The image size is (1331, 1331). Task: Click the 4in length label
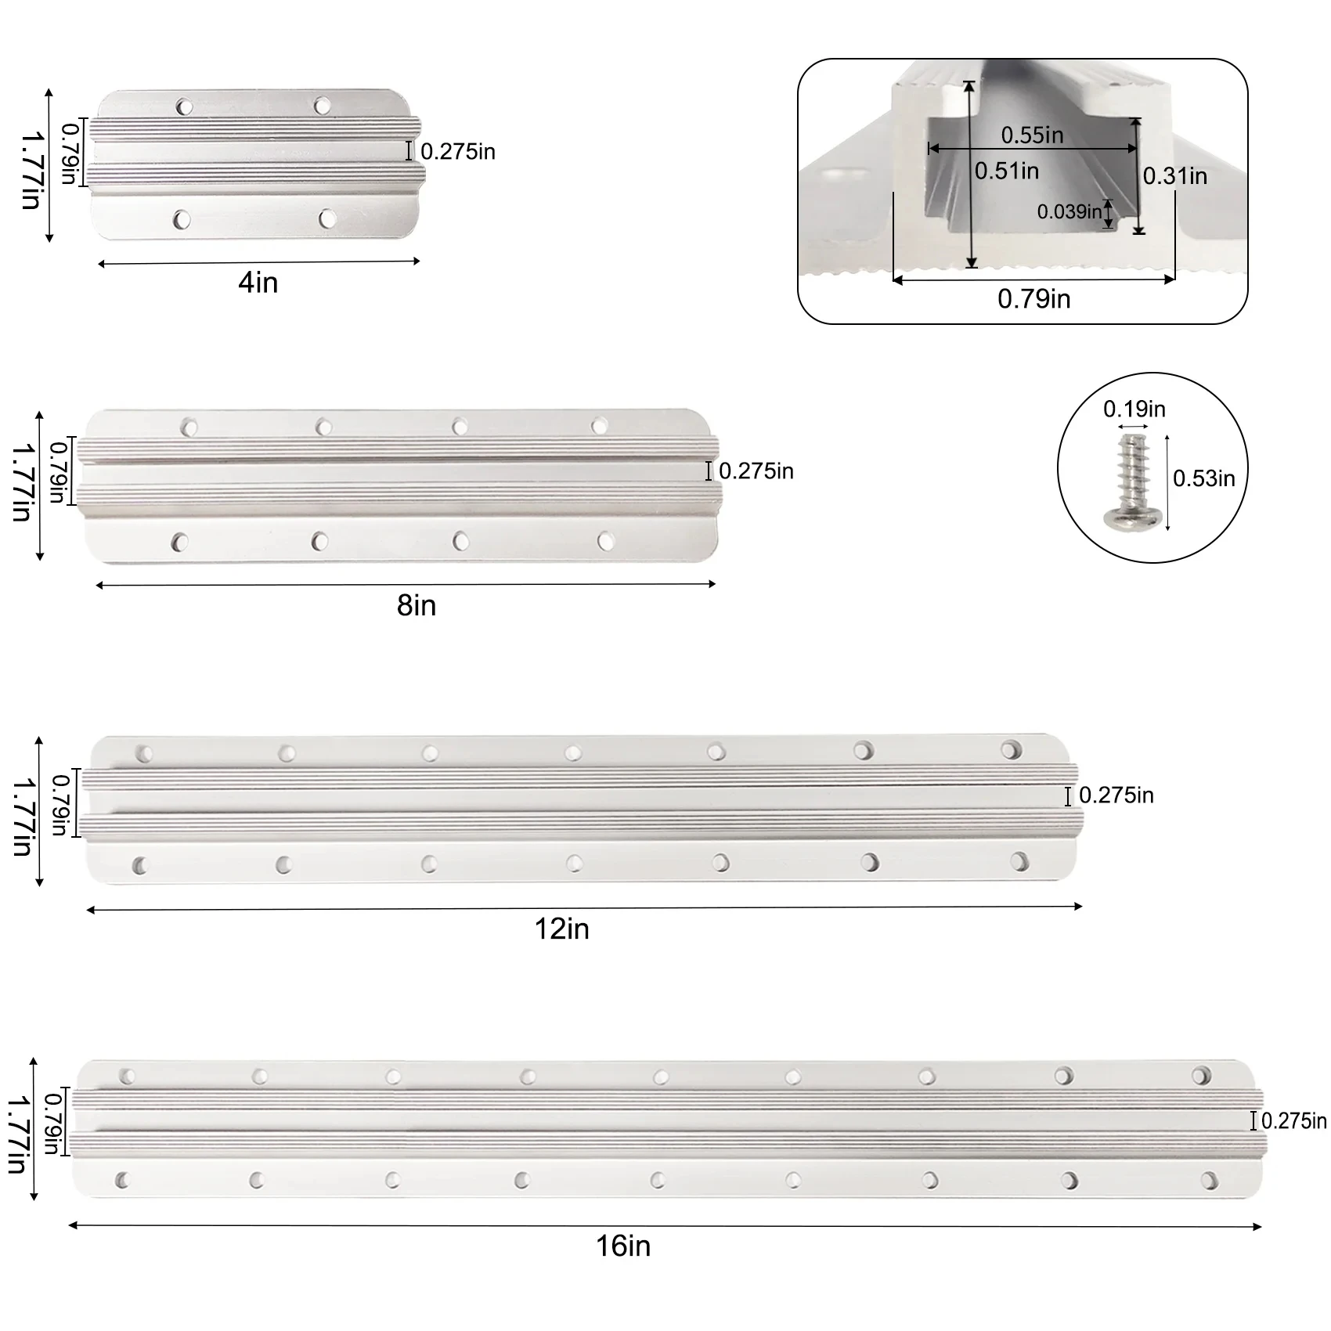pyautogui.click(x=258, y=283)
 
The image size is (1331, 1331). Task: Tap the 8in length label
pyautogui.click(x=417, y=605)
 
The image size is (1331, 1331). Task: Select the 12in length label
pyautogui.click(x=561, y=929)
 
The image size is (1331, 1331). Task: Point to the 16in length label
pyautogui.click(x=623, y=1246)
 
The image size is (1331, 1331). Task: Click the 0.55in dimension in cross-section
pyautogui.click(x=1033, y=135)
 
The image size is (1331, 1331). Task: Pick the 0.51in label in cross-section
pyautogui.click(x=1007, y=171)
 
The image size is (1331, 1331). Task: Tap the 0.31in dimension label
pyautogui.click(x=1175, y=176)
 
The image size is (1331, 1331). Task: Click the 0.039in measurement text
pyautogui.click(x=1069, y=211)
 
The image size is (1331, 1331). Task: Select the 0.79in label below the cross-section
pyautogui.click(x=1034, y=298)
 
